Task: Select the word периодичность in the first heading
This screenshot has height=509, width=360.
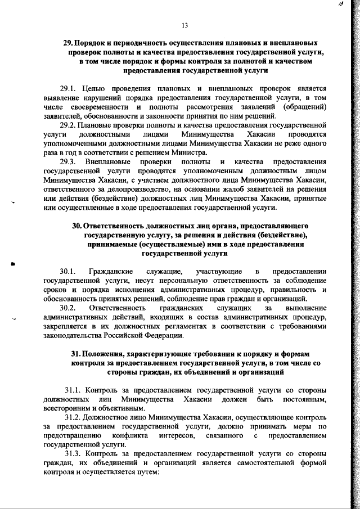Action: coord(137,43)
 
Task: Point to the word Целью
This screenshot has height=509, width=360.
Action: coord(94,88)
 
